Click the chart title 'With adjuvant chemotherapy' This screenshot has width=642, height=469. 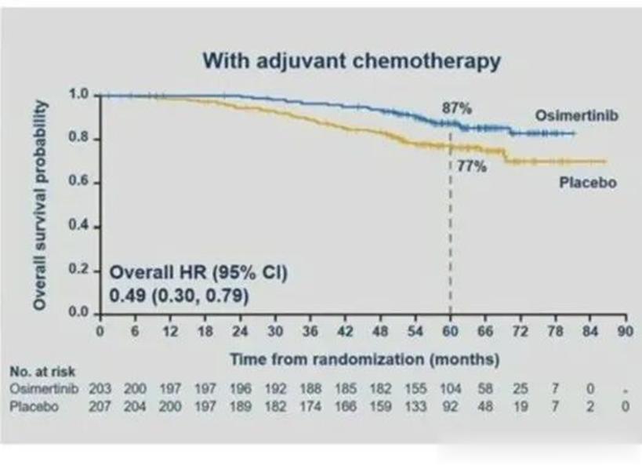(x=350, y=61)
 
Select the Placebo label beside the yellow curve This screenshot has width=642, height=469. (x=588, y=183)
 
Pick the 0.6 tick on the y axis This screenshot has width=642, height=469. (x=82, y=183)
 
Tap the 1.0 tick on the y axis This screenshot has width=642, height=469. (x=82, y=95)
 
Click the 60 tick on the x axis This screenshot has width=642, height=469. (x=450, y=331)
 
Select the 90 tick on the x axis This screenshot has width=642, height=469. (x=625, y=331)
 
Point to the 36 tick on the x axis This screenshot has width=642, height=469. (x=310, y=331)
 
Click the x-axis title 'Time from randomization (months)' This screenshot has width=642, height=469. (x=364, y=359)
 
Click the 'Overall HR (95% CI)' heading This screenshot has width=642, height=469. (x=198, y=274)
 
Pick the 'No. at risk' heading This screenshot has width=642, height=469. (x=42, y=372)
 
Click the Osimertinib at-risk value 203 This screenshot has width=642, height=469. (x=100, y=389)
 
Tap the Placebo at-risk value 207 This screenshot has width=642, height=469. (x=100, y=406)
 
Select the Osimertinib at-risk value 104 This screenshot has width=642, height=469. (x=450, y=389)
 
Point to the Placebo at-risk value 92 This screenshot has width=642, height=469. (x=450, y=406)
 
